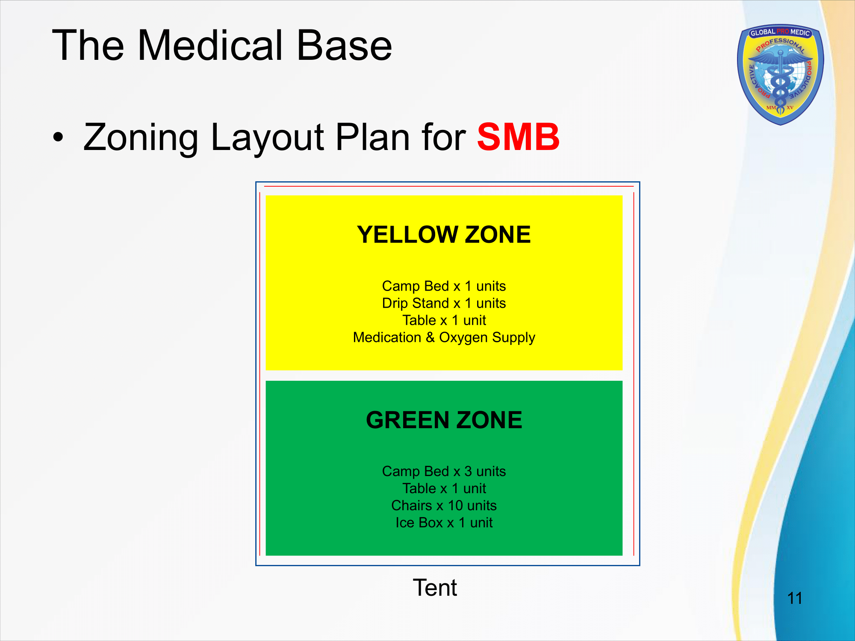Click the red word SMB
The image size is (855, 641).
point(518,137)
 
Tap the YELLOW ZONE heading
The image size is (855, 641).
point(444,235)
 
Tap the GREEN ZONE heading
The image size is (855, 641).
point(444,420)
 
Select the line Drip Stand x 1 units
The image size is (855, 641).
point(444,303)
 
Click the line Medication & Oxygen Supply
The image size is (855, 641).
point(444,337)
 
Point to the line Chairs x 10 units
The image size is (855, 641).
point(444,506)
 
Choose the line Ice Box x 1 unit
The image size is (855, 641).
point(444,523)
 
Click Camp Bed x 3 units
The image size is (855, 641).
point(444,471)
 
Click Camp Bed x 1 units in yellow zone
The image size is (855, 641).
point(444,286)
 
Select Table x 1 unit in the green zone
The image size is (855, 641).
point(444,488)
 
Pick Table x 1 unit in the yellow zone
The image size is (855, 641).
point(444,320)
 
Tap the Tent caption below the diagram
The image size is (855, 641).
point(435,588)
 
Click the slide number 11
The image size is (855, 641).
point(795,598)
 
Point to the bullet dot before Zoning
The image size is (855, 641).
point(58,138)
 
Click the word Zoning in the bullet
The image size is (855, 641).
point(141,138)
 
